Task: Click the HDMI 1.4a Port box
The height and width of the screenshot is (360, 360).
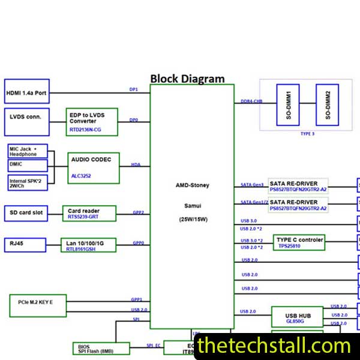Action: point(26,93)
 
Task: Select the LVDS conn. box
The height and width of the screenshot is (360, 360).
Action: point(26,117)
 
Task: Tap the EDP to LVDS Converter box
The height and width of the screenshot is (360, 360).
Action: point(92,122)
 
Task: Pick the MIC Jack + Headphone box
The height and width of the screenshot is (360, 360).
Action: point(27,151)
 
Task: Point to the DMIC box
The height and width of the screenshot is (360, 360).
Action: point(27,165)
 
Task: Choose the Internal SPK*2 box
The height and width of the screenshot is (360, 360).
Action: point(27,182)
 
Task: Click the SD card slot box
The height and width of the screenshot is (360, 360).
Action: point(26,212)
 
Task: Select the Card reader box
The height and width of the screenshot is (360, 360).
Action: point(89,213)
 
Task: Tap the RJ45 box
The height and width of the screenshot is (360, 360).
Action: point(26,244)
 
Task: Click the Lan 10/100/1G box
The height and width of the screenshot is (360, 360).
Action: point(88,245)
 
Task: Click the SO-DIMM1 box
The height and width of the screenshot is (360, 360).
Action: point(289,104)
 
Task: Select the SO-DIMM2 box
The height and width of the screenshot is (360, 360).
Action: point(327,104)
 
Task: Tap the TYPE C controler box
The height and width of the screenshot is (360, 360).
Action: point(299,242)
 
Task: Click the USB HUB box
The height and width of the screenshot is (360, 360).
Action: point(297,316)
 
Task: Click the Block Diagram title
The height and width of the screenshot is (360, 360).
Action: point(187,79)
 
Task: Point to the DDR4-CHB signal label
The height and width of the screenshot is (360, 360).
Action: point(252,101)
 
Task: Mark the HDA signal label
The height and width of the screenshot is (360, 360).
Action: point(136,164)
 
